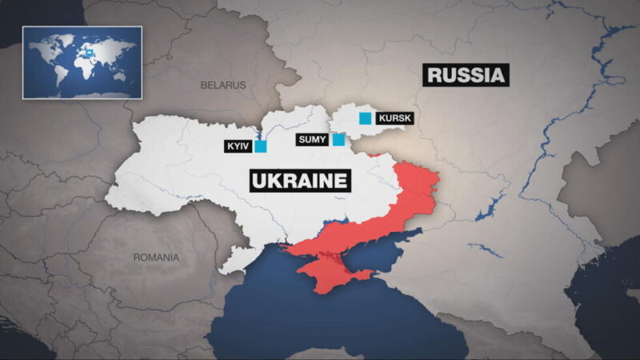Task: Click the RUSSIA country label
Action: (467, 75)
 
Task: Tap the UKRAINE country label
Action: (300, 180)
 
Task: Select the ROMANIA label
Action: (156, 258)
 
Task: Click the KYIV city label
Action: (239, 146)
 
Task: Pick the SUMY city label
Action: (311, 139)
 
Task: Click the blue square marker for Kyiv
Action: (261, 146)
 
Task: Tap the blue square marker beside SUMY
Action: (338, 139)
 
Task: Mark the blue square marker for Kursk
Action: (366, 119)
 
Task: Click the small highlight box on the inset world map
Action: (90, 54)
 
